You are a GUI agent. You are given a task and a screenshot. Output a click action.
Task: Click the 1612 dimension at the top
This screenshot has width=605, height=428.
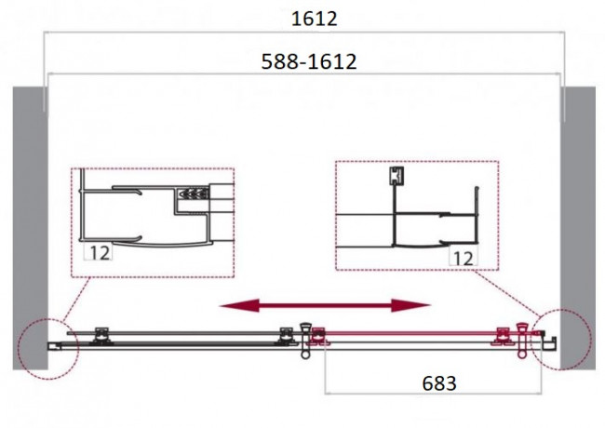pos(314,19)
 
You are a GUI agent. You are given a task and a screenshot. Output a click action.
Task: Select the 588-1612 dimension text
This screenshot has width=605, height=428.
pos(309,61)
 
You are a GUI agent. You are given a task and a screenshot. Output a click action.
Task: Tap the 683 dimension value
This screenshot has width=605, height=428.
pos(439,383)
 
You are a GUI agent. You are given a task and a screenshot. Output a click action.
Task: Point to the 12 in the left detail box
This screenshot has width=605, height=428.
pos(100,252)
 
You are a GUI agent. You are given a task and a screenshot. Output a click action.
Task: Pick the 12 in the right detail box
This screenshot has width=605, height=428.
pos(464,259)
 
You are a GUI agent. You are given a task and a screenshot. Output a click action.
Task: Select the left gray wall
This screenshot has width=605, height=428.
pos(30,228)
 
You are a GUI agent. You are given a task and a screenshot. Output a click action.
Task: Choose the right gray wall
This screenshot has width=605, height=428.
pos(578,228)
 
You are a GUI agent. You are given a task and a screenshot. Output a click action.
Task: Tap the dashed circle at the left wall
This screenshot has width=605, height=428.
pos(47,349)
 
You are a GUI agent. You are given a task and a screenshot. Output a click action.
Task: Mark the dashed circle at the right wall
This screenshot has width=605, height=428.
pos(560,340)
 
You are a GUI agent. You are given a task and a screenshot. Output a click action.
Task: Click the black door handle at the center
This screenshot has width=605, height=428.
pos(305,341)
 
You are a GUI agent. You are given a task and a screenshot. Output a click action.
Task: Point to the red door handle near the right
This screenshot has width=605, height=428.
pos(522,341)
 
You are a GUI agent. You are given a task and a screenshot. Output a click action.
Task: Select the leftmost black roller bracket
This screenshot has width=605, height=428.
pos(101,336)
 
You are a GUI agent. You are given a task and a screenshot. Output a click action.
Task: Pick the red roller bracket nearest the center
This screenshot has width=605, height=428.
pos(318,336)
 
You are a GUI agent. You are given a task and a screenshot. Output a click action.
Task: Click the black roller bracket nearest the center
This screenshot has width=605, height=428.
pos(287,336)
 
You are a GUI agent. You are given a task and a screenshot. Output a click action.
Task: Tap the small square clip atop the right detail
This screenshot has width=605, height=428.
pos(397,176)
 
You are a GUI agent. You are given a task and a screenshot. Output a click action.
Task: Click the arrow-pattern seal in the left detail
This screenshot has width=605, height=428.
pos(194,194)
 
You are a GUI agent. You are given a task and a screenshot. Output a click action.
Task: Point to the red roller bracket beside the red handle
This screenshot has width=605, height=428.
pos(503,336)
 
